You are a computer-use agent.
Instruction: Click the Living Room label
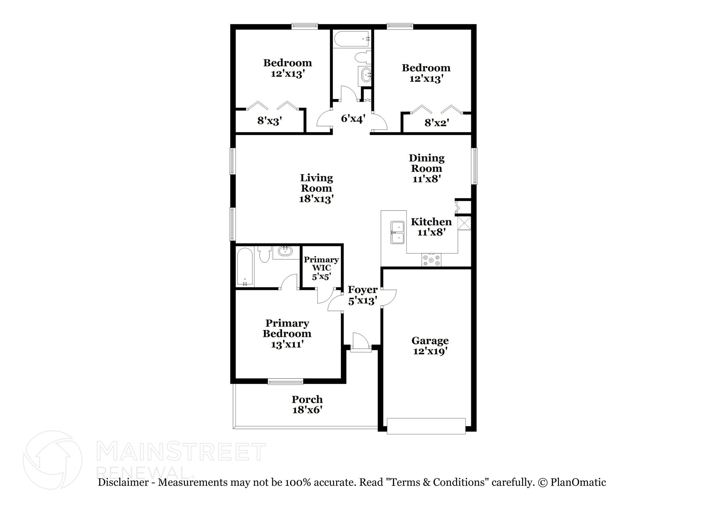(316, 188)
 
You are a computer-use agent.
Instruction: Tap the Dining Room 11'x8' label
(427, 168)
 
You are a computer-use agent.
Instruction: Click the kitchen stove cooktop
(431, 260)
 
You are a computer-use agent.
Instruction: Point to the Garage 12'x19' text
(430, 346)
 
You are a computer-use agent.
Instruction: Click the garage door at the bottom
(426, 426)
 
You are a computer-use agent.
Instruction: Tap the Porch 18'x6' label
(307, 404)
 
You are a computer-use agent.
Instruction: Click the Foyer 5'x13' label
(362, 295)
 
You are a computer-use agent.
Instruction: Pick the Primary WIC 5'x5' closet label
(321, 268)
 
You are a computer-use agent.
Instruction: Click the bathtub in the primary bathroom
(245, 266)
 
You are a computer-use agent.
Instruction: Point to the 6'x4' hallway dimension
(353, 119)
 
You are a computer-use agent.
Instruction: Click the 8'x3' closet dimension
(269, 121)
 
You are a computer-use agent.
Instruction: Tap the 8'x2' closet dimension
(436, 123)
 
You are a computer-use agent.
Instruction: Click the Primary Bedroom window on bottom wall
(285, 381)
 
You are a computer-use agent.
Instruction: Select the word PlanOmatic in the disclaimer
(578, 482)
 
